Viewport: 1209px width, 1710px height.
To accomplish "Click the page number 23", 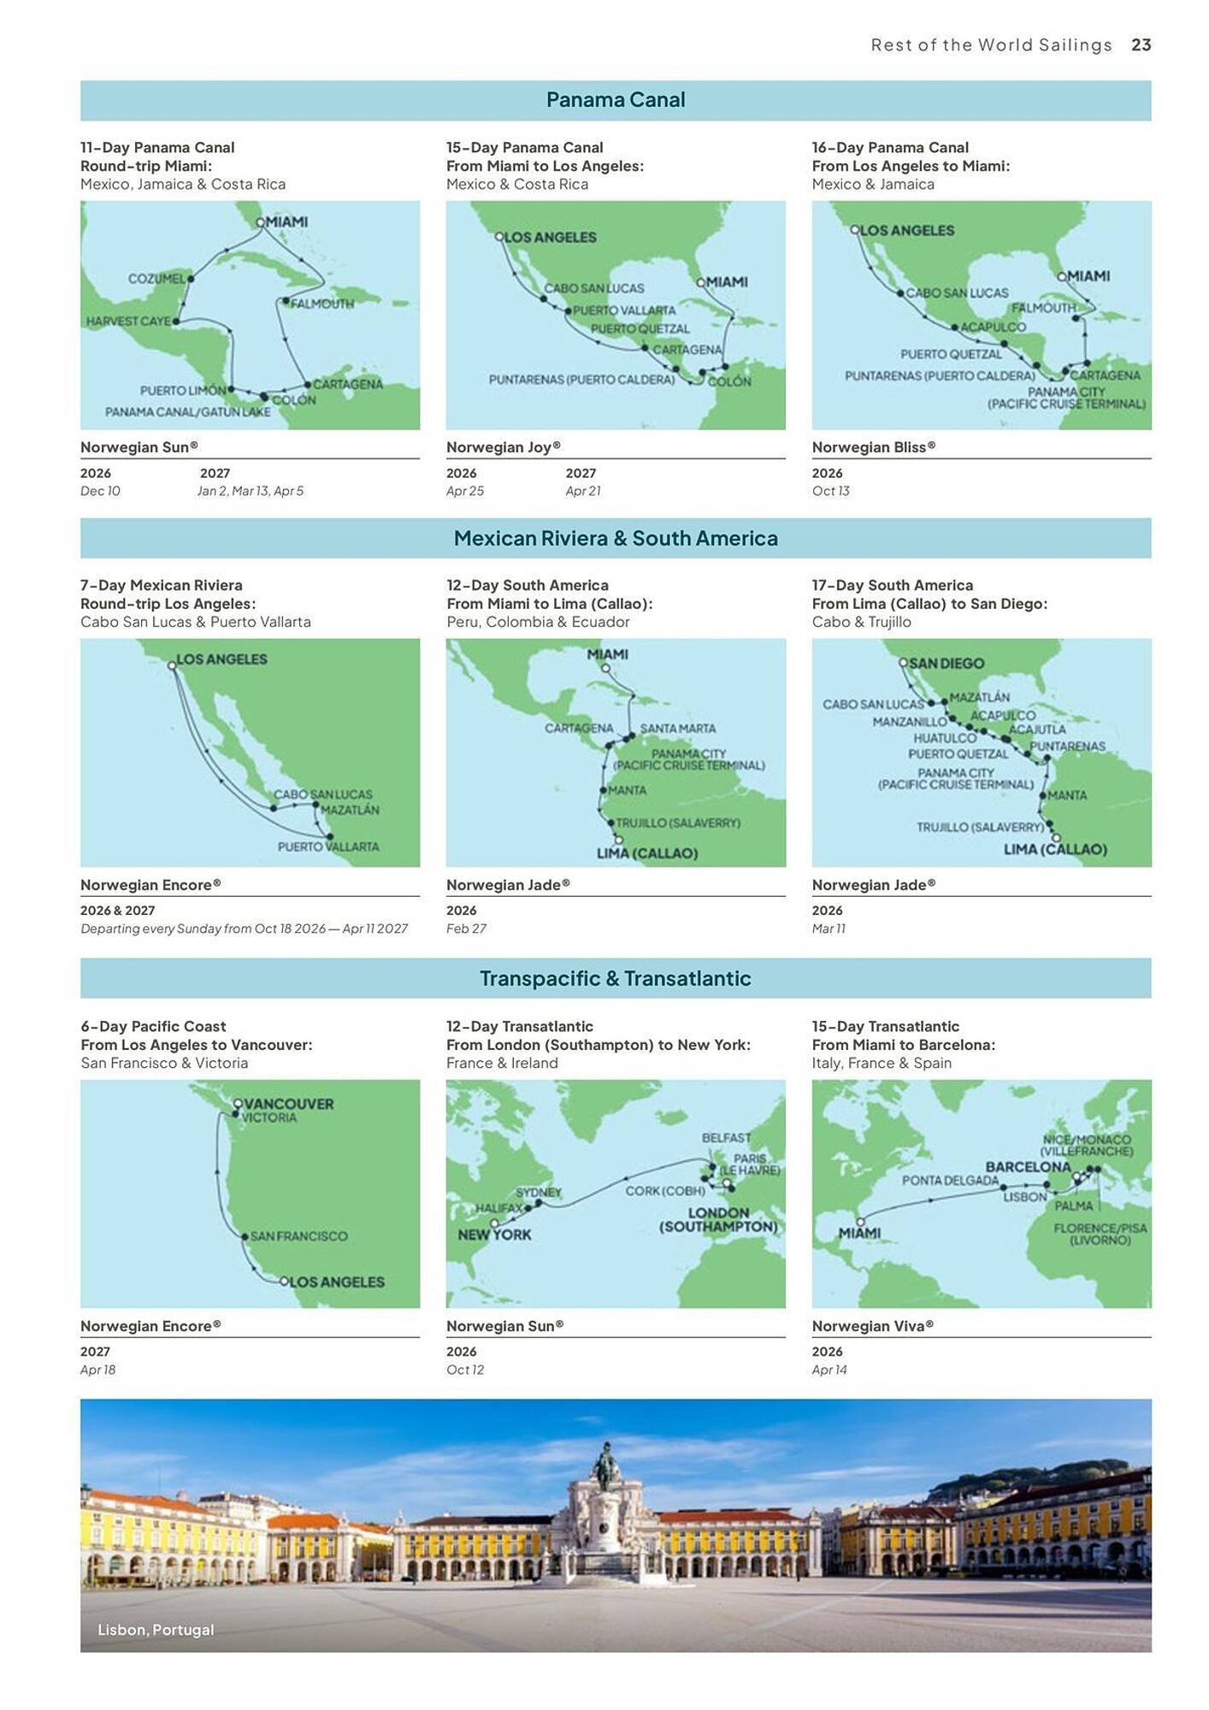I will (x=1141, y=45).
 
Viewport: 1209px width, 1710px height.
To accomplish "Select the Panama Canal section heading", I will (x=616, y=100).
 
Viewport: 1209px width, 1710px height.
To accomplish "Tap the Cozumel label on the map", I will (x=156, y=279).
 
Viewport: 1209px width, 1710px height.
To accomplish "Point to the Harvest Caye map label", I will (x=128, y=321).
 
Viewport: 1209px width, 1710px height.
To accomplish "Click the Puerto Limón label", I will (x=183, y=391).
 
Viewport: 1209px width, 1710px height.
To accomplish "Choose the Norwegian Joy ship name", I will (x=503, y=447).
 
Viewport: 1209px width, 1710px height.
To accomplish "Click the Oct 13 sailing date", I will (x=830, y=491).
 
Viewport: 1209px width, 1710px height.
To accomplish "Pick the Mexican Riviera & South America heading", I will (x=616, y=539).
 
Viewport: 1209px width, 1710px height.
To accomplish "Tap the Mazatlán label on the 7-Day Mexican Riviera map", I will (x=350, y=810).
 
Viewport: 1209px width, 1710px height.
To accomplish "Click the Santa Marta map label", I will (x=678, y=728).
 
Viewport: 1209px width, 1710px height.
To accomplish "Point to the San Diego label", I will (x=946, y=663).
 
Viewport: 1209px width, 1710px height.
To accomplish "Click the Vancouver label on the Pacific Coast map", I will (x=289, y=1104).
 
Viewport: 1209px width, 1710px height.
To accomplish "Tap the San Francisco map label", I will (x=298, y=1236).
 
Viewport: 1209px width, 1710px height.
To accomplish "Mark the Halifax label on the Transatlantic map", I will (x=498, y=1208).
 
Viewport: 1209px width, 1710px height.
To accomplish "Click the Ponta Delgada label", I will (x=950, y=1181).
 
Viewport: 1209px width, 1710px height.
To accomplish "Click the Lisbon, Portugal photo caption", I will (x=156, y=1630).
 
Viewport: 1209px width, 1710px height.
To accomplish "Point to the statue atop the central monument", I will (x=606, y=1465).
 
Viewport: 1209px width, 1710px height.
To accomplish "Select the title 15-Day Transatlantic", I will (x=885, y=1027).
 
